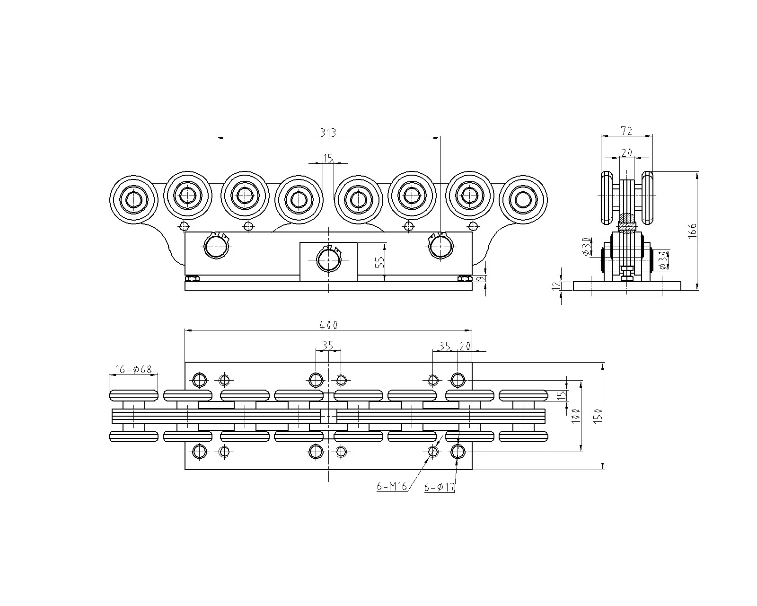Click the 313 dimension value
pyautogui.click(x=327, y=133)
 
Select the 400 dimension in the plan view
pyautogui.click(x=328, y=325)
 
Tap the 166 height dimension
pyautogui.click(x=692, y=231)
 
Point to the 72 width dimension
pyautogui.click(x=626, y=130)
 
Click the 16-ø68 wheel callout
pyautogui.click(x=133, y=369)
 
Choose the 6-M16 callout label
pyautogui.click(x=392, y=487)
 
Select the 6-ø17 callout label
pyautogui.click(x=439, y=487)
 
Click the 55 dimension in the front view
pyautogui.click(x=379, y=263)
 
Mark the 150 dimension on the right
pyautogui.click(x=598, y=416)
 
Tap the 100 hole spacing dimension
pyautogui.click(x=576, y=416)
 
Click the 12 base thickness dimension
pyautogui.click(x=556, y=285)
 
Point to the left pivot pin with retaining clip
pyautogui.click(x=216, y=246)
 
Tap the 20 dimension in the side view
pyautogui.click(x=626, y=152)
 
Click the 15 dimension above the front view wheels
pyautogui.click(x=328, y=157)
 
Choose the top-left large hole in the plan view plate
pyautogui.click(x=199, y=379)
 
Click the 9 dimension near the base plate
pyautogui.click(x=481, y=279)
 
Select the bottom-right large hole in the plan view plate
pyautogui.click(x=458, y=452)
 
